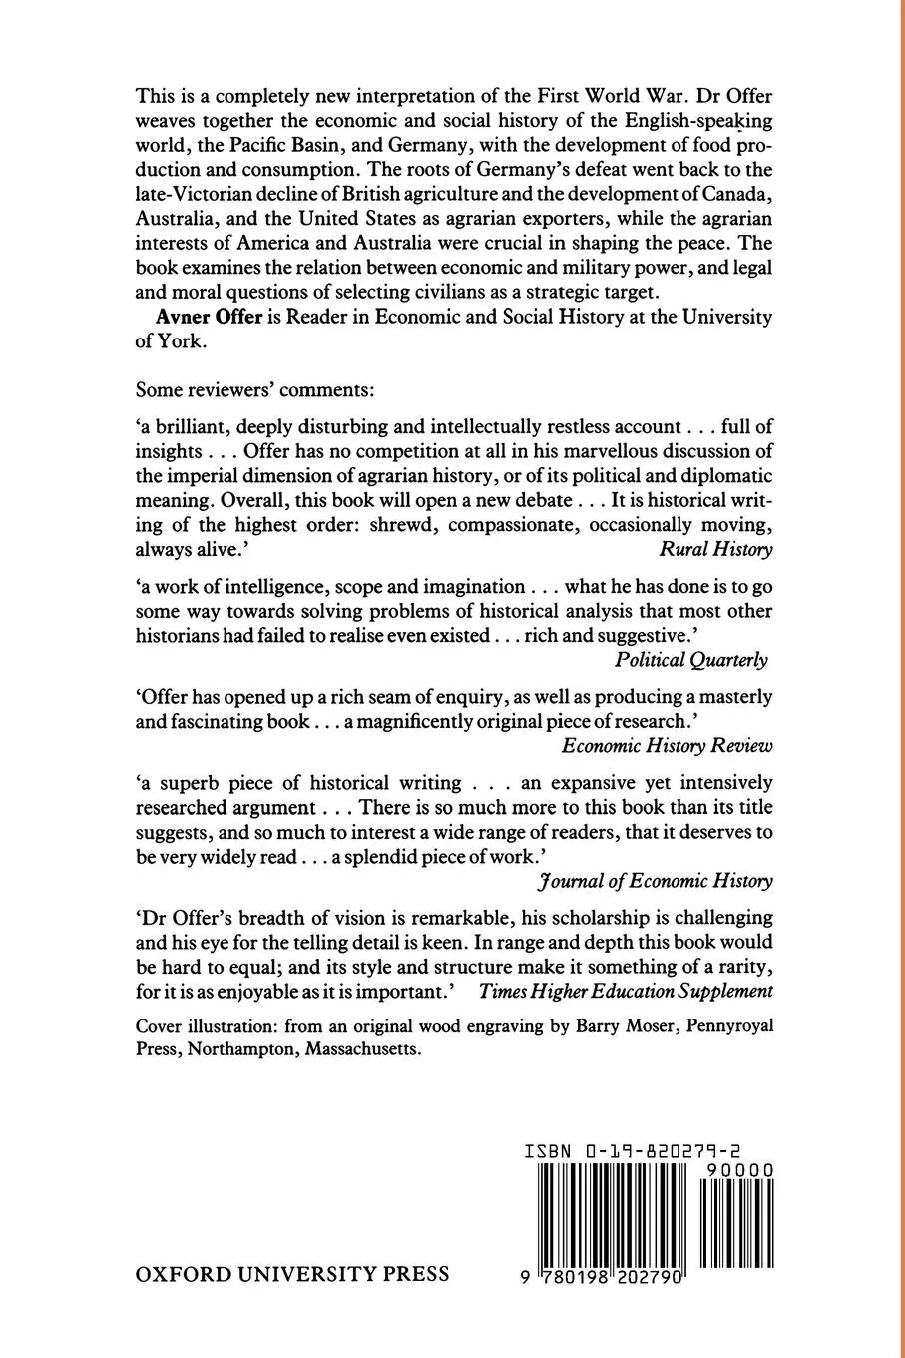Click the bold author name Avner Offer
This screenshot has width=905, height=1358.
[x=204, y=317]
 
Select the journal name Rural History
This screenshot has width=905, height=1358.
[x=715, y=548]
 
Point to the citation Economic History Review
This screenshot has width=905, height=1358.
[x=667, y=744]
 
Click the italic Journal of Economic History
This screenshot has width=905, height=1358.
[x=655, y=880]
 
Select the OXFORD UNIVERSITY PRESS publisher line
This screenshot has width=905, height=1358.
[x=291, y=1274]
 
